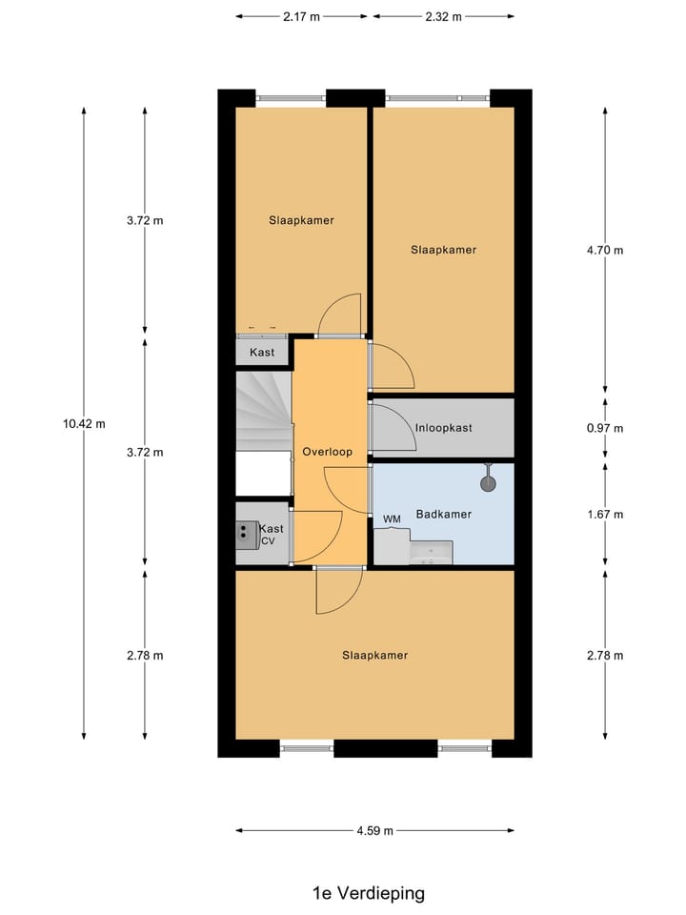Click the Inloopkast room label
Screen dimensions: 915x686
[x=443, y=428]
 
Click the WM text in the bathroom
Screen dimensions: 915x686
[x=392, y=518]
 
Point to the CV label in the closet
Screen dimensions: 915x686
[x=269, y=541]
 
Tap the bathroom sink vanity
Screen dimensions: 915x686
[x=431, y=553]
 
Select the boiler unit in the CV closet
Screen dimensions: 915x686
[x=247, y=535]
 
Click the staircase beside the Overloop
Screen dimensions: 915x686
[x=263, y=411]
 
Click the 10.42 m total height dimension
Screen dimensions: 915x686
[x=84, y=423]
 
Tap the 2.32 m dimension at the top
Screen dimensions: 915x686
[x=443, y=16]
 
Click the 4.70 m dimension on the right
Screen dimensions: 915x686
[x=605, y=251]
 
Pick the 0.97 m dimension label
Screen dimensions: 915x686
[x=605, y=428]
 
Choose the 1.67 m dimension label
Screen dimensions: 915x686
[x=605, y=515]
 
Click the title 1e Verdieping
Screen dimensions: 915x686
[x=368, y=893]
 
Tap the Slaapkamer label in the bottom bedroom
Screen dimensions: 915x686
[x=375, y=655]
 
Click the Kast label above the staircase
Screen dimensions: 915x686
[x=262, y=353]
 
